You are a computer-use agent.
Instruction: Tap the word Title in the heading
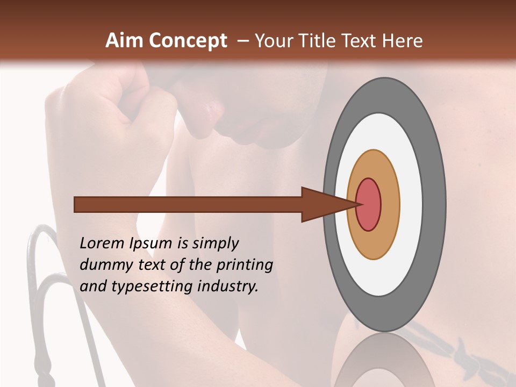(x=318, y=41)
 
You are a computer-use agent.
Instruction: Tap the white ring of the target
(x=411, y=204)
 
